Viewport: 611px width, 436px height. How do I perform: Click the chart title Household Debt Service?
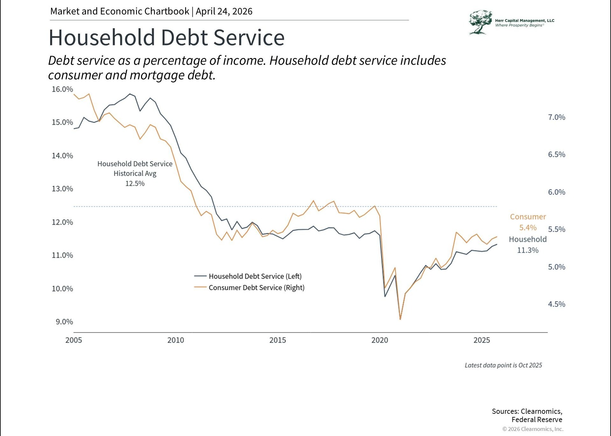tap(166, 37)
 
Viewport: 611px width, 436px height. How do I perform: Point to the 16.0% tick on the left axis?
tap(62, 89)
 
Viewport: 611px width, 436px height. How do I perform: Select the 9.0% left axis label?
tap(64, 322)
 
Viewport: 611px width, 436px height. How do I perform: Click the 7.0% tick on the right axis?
tap(556, 117)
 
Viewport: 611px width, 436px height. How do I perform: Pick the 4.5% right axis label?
tap(556, 304)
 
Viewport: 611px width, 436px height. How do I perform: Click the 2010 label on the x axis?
tap(176, 340)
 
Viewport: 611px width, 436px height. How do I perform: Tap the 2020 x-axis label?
tap(379, 340)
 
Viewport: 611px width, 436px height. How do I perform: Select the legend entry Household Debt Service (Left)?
tap(255, 276)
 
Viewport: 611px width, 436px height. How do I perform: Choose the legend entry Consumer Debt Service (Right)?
tap(256, 288)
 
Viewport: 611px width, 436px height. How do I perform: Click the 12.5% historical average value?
tap(135, 183)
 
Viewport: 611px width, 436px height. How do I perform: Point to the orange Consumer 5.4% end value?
tap(528, 228)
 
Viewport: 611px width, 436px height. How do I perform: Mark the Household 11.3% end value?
tap(528, 250)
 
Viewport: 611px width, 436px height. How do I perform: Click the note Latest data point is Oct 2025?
tap(503, 365)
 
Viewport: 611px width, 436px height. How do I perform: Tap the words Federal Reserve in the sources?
tap(537, 419)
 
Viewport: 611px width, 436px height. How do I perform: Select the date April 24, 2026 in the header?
tap(224, 11)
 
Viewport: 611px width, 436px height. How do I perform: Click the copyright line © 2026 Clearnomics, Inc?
tap(533, 429)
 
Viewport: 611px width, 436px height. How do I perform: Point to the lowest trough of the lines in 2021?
tap(400, 319)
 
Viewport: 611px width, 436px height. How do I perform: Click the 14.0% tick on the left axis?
tap(62, 156)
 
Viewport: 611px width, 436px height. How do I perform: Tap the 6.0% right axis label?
tap(556, 192)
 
